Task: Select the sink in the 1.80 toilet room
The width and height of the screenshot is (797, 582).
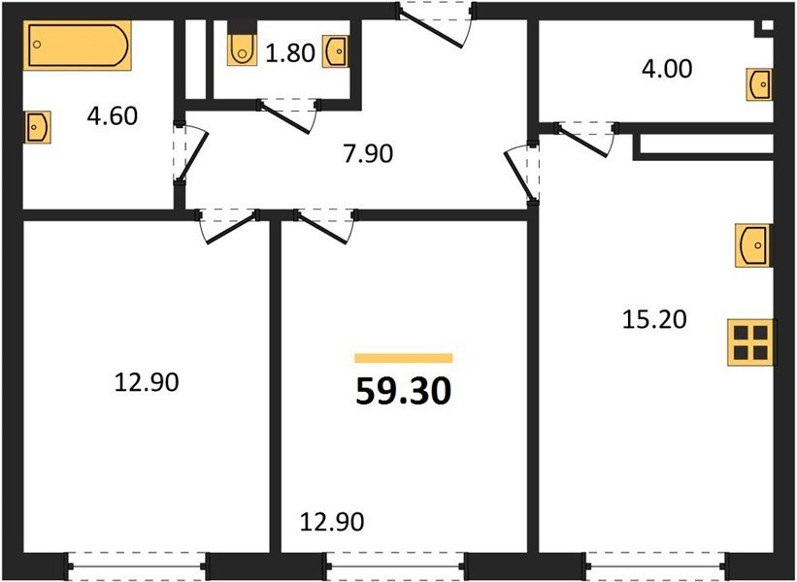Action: click(x=336, y=49)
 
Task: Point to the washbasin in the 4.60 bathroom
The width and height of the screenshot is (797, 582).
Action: click(x=37, y=126)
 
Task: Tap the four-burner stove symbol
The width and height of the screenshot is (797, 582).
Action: click(x=751, y=342)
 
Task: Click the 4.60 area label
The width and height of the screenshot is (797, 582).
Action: click(x=112, y=117)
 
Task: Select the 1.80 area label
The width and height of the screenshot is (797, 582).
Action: click(x=290, y=52)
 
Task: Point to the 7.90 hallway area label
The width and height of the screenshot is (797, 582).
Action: click(x=367, y=152)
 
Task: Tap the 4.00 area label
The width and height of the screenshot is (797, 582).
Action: click(x=664, y=70)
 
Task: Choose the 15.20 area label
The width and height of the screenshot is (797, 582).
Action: click(x=654, y=318)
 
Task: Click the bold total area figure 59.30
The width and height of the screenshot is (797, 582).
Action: click(x=404, y=392)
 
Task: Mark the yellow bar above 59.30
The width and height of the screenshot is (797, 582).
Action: click(x=404, y=358)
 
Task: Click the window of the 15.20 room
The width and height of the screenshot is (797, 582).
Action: click(x=657, y=563)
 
